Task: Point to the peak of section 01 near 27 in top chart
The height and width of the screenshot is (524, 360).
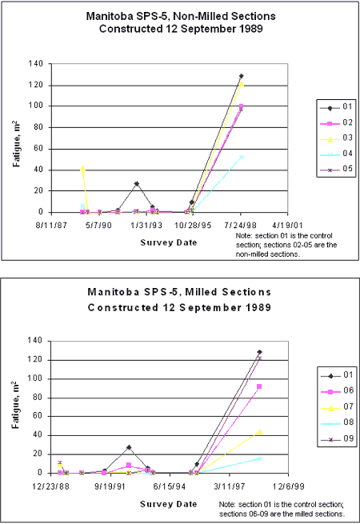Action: [137, 183]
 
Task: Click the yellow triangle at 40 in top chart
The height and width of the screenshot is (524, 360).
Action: [82, 169]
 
